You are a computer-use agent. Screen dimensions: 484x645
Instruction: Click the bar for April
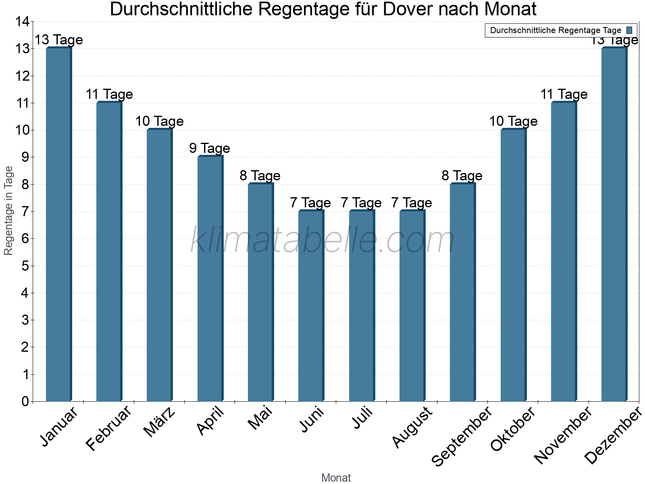click(x=210, y=278)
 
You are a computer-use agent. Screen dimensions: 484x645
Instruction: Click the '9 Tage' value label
click(x=210, y=148)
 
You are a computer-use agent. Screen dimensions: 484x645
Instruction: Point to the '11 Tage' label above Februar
click(x=109, y=94)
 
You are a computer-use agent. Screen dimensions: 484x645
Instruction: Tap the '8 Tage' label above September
click(x=462, y=176)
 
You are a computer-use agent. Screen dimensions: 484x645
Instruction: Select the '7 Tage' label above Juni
click(x=310, y=203)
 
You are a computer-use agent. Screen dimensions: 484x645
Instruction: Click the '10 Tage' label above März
click(x=159, y=121)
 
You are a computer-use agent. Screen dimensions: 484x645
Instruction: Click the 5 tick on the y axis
click(x=25, y=266)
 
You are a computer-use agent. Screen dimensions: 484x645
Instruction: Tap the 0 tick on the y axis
click(x=25, y=401)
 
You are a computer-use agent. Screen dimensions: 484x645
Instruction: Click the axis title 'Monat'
click(x=336, y=478)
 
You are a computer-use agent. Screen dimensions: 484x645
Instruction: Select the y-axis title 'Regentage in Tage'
click(x=9, y=211)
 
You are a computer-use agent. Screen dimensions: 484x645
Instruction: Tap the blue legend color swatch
click(x=629, y=30)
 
